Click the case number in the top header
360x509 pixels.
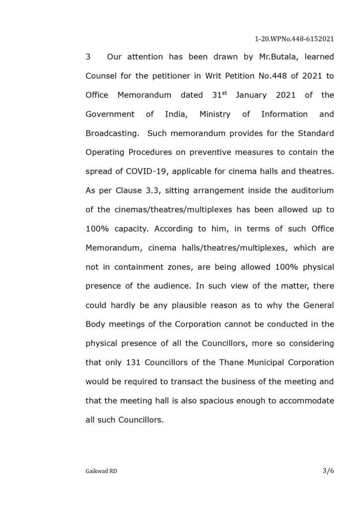click(x=294, y=38)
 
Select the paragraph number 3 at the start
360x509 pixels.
click(x=88, y=57)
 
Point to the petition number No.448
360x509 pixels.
click(x=258, y=76)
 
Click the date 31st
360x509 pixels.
click(x=219, y=94)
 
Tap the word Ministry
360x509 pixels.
click(x=215, y=114)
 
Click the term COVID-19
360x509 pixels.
click(x=145, y=171)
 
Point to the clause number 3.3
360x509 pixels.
click(x=154, y=190)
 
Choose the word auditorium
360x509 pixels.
click(x=312, y=190)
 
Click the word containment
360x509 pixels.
click(x=137, y=267)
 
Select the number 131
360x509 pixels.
click(x=130, y=362)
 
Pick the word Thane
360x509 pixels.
click(x=231, y=362)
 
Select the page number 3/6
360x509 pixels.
click(x=328, y=471)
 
